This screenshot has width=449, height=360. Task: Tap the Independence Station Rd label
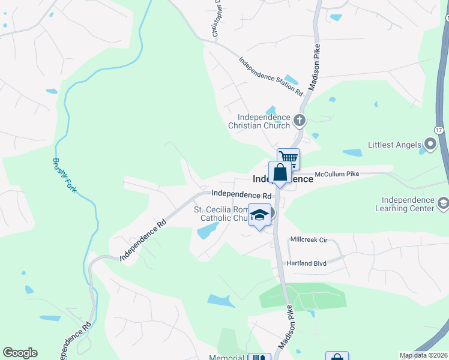click(271, 76)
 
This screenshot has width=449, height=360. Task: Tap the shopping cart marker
click(288, 159)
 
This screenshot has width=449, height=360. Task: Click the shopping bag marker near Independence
click(280, 173)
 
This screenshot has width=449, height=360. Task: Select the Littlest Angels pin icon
click(430, 145)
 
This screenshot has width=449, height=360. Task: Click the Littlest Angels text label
click(394, 145)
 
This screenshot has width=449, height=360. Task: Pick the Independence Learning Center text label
click(408, 204)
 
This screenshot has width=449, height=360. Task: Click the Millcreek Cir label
click(308, 239)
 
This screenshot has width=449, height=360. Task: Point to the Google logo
click(20, 353)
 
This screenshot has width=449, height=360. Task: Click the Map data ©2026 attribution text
click(423, 355)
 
